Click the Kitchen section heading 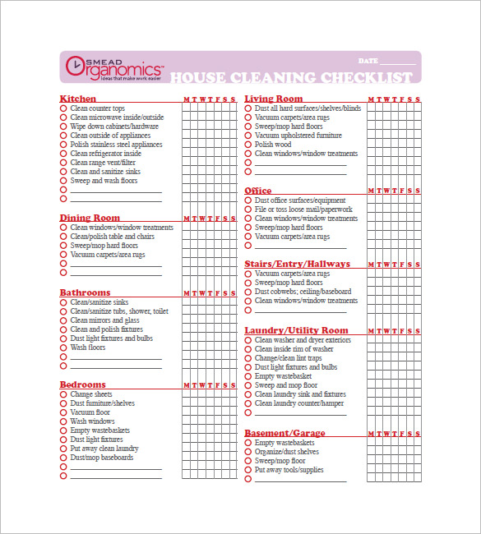point(77,99)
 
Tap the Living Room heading point(274,99)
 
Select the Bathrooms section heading point(85,292)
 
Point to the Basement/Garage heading point(284,433)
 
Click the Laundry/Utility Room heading point(296,330)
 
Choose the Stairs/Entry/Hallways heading point(297,264)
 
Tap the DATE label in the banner point(368,62)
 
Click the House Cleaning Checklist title point(291,78)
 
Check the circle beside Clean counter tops point(63,108)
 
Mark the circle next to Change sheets point(63,394)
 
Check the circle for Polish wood point(247,145)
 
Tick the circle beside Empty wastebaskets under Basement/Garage point(247,443)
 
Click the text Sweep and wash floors point(104,181)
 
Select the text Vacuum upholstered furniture point(298,136)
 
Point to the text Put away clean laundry point(104,449)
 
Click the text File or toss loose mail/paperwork point(303,209)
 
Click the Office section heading point(258,191)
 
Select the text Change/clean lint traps point(289,358)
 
